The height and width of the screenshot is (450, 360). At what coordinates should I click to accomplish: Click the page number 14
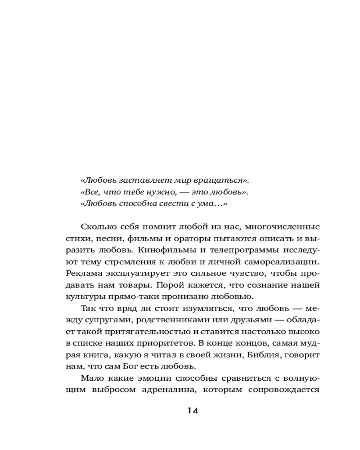point(192,410)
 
